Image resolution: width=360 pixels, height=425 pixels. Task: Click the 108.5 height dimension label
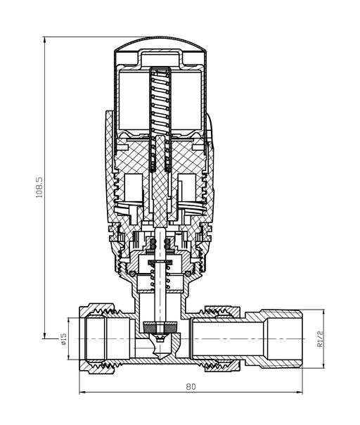coord(39,187)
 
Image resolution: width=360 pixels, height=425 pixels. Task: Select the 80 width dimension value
coord(191,386)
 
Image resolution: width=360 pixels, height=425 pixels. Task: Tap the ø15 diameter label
coord(64,339)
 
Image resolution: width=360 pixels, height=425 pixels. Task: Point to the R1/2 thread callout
coord(320,338)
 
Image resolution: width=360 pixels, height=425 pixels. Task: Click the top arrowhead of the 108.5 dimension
coord(44,39)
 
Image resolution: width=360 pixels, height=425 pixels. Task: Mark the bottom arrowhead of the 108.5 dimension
coord(44,335)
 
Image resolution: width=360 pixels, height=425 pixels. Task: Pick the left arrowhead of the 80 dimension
coord(82,392)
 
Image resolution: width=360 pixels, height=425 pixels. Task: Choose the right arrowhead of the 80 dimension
coord(300,392)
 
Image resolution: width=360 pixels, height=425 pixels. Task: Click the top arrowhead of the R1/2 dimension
coord(323,312)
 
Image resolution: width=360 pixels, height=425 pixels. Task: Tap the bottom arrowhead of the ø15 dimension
coord(68,357)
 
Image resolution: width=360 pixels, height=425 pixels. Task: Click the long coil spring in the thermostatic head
coord(160,119)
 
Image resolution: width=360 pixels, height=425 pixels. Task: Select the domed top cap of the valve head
coord(161,44)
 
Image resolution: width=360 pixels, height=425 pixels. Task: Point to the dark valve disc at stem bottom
coord(160,327)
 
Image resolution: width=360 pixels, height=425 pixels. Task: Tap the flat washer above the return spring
coord(160,262)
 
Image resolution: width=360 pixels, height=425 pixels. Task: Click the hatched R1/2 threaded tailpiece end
coord(282,339)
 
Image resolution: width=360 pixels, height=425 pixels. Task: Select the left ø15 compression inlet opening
coord(96,339)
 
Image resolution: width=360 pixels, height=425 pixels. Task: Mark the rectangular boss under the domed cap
coord(161,57)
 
